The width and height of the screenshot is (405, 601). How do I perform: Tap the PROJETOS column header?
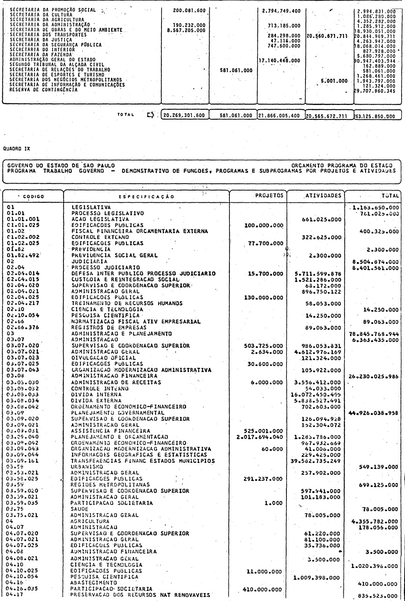(x=269, y=196)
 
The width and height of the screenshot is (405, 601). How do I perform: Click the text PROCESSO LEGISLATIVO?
(x=108, y=213)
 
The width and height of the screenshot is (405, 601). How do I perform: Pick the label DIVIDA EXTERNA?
(x=97, y=400)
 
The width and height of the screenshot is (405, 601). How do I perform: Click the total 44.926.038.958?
(x=373, y=412)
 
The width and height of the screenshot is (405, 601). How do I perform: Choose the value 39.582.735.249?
(x=318, y=461)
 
